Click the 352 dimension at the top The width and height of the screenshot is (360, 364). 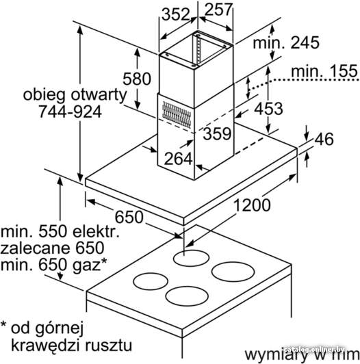(x=176, y=14)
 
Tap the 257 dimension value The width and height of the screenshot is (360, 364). (x=218, y=10)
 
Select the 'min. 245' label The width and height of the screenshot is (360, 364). (x=286, y=42)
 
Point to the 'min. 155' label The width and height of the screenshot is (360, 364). (x=324, y=71)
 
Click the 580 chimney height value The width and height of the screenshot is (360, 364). (x=137, y=79)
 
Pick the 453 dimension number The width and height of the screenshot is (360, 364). (x=268, y=109)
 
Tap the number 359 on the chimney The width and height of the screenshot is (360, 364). (x=217, y=133)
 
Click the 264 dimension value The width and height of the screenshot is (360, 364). (x=179, y=159)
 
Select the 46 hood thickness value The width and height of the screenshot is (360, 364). (x=324, y=140)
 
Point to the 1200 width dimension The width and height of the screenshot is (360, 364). (x=252, y=205)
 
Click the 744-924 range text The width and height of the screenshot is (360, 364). (x=70, y=112)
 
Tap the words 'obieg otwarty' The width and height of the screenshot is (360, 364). (x=75, y=95)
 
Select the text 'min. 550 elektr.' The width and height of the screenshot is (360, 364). (x=60, y=232)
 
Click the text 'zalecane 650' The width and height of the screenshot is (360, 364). (x=52, y=248)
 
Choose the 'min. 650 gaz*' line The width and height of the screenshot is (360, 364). (x=53, y=265)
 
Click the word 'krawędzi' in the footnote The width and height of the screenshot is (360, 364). (x=46, y=346)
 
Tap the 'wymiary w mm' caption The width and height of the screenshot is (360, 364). (x=303, y=354)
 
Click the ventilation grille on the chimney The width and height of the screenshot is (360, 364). (x=177, y=115)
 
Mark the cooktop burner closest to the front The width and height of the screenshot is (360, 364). (x=187, y=296)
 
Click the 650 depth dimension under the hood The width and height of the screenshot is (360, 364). (x=129, y=218)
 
